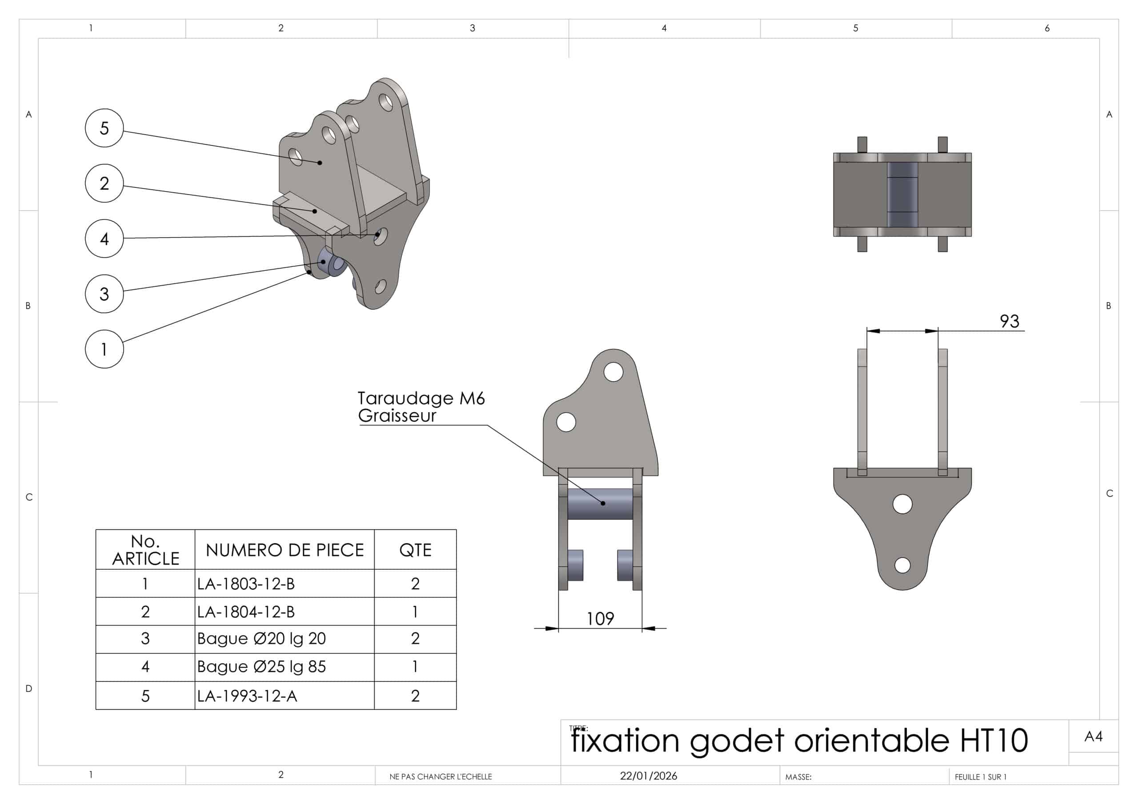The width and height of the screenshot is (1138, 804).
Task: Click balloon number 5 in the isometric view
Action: (104, 128)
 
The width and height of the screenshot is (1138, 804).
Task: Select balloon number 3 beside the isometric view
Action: (104, 294)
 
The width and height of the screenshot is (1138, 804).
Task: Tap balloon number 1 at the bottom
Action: (104, 349)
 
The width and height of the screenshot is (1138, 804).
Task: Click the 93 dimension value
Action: (1009, 321)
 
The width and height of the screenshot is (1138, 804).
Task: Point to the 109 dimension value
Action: (600, 619)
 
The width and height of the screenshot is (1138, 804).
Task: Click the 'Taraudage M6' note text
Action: (421, 398)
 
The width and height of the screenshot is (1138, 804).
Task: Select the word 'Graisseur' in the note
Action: (397, 416)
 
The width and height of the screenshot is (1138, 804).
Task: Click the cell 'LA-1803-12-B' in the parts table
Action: (246, 584)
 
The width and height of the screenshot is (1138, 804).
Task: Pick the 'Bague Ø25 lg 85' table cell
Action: (261, 667)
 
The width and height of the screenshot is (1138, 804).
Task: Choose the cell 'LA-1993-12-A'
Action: (247, 696)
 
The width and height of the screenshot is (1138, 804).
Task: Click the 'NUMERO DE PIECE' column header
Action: (284, 550)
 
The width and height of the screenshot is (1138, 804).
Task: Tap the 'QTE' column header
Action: (415, 550)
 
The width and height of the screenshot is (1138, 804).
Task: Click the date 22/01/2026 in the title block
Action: (648, 776)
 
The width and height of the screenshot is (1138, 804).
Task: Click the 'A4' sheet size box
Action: (1093, 736)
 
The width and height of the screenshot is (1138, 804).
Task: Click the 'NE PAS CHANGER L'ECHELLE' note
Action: (441, 776)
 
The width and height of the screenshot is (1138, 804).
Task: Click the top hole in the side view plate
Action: (613, 372)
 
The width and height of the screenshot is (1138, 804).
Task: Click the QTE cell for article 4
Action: (415, 667)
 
